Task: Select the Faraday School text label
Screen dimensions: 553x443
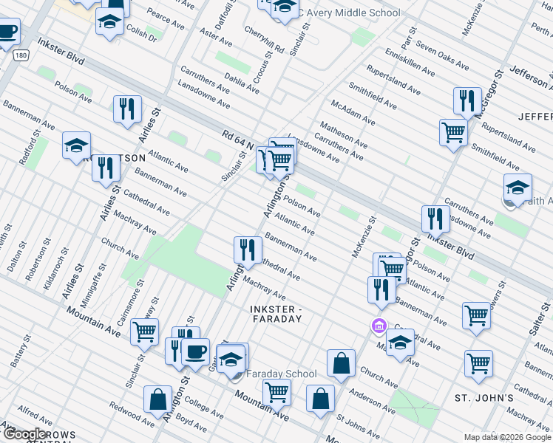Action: click(282, 374)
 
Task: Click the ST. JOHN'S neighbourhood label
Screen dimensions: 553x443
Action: click(484, 398)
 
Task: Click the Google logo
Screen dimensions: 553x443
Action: click(24, 434)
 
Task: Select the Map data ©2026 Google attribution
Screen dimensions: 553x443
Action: click(507, 437)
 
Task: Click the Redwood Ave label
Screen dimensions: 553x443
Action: click(132, 415)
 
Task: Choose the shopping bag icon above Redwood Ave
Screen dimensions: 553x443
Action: click(157, 399)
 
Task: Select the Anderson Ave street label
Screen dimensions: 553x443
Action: click(373, 399)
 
